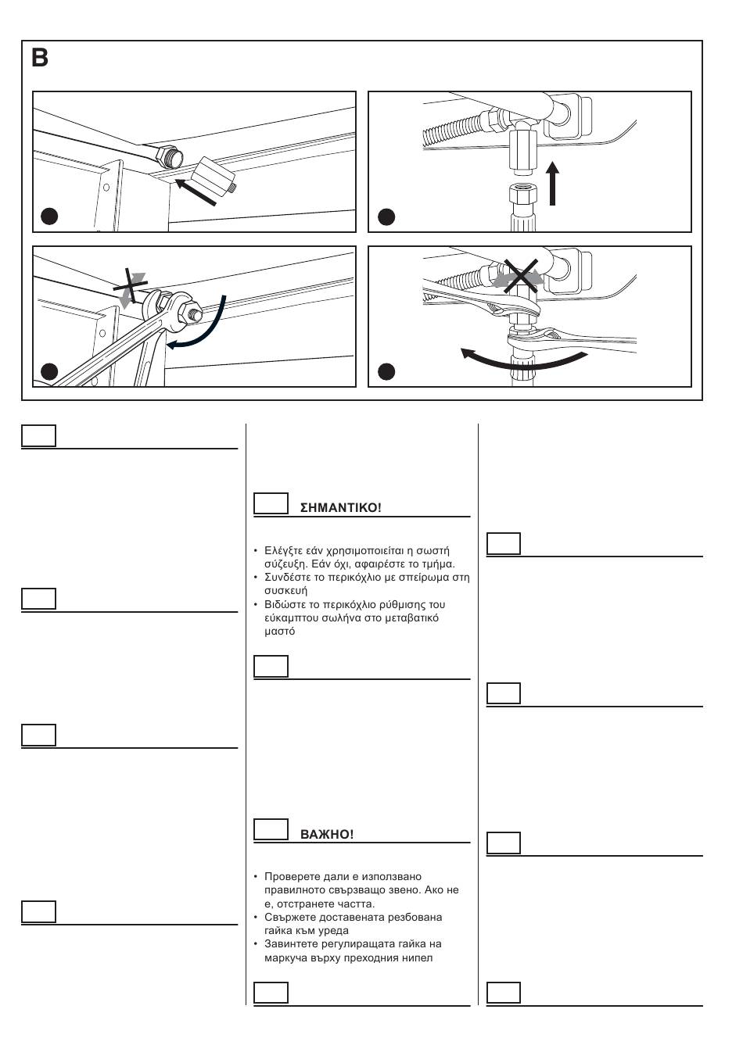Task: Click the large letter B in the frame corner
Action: pyautogui.click(x=39, y=59)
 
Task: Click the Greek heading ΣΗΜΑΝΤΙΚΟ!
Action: pyautogui.click(x=340, y=508)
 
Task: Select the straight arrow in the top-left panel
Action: pyautogui.click(x=196, y=191)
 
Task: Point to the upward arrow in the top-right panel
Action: pyautogui.click(x=552, y=183)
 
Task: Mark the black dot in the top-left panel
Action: pyautogui.click(x=49, y=217)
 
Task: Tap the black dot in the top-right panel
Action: pyautogui.click(x=386, y=217)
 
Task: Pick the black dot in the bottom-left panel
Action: pyautogui.click(x=49, y=371)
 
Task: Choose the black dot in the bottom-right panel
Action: pyautogui.click(x=386, y=371)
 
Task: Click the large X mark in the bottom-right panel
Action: pyautogui.click(x=521, y=276)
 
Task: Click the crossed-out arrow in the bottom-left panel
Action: pyautogui.click(x=131, y=288)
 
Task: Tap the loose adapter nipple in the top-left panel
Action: pyautogui.click(x=214, y=174)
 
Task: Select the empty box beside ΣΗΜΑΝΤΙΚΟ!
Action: pyautogui.click(x=271, y=503)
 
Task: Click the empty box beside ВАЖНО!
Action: pyautogui.click(x=271, y=829)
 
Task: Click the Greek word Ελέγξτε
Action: pyautogui.click(x=283, y=551)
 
